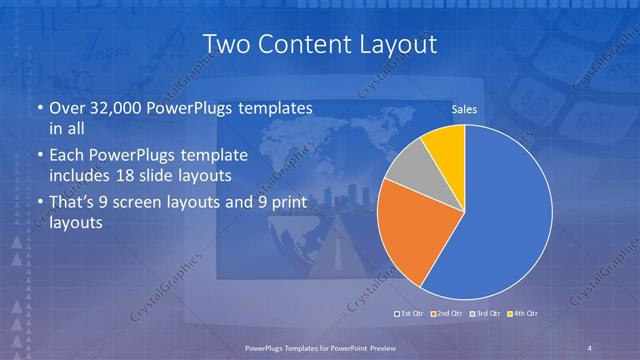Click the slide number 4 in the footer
[x=590, y=346]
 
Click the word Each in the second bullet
[x=68, y=155]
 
